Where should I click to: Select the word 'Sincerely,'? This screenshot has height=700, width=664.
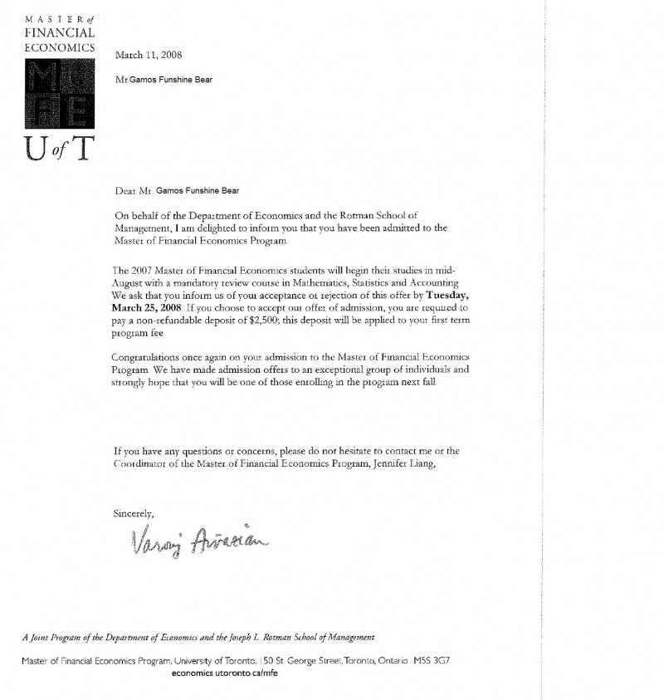coord(134,512)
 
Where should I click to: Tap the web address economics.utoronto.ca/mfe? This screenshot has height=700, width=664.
coord(224,673)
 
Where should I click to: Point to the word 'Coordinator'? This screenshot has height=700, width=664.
coord(142,464)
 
